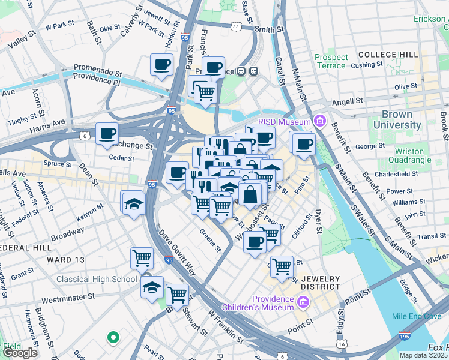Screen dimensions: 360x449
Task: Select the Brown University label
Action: tap(397, 119)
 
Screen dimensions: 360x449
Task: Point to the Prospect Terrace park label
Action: tap(331, 61)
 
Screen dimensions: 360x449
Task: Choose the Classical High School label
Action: tap(97, 279)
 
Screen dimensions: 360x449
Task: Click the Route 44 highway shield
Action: tap(237, 27)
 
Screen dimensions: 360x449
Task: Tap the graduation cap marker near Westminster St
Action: tap(152, 286)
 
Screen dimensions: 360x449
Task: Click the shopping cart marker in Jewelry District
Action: tap(282, 266)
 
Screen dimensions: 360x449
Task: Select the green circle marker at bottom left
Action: tap(112, 337)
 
